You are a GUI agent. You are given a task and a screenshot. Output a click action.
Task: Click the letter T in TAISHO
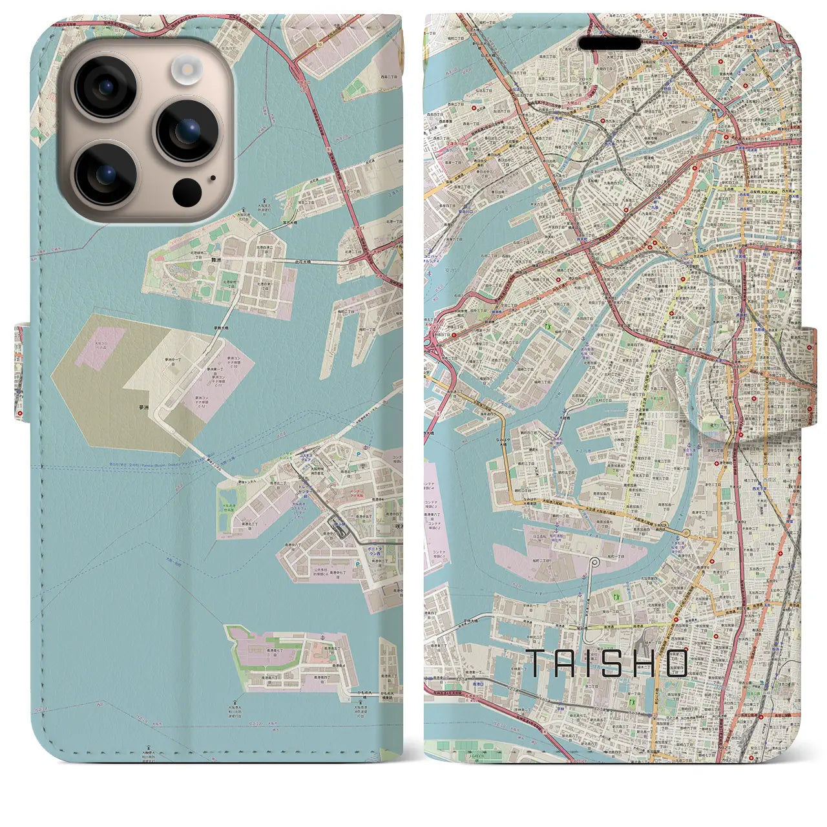539,664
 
